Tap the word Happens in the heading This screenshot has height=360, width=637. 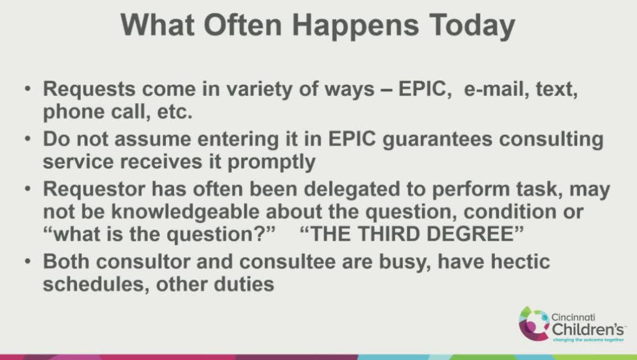pyautogui.click(x=355, y=25)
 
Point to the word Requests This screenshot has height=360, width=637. pyautogui.click(x=89, y=90)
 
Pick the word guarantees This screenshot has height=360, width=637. pyautogui.click(x=438, y=140)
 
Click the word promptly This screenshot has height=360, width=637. pyautogui.click(x=272, y=162)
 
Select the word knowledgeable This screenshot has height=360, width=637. pyautogui.click(x=185, y=211)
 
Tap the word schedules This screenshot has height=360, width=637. pyautogui.click(x=93, y=284)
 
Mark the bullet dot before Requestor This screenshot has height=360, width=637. pyautogui.click(x=27, y=189)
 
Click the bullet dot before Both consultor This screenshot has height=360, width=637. pyautogui.click(x=27, y=261)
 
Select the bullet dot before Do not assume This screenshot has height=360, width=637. pyautogui.click(x=27, y=139)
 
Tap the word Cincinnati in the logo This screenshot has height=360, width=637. pyautogui.click(x=573, y=317)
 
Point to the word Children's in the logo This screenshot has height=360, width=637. pyautogui.click(x=588, y=328)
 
